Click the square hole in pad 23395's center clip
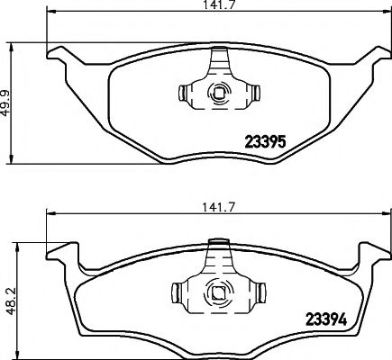217,92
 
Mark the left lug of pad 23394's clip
177,292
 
